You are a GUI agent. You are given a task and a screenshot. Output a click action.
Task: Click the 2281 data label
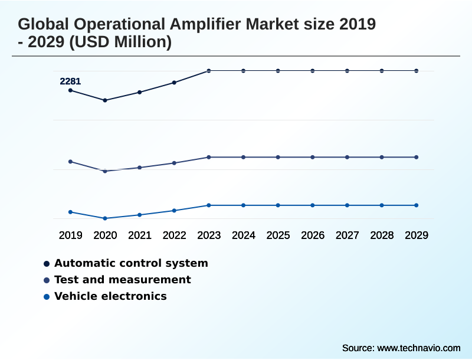(x=70, y=81)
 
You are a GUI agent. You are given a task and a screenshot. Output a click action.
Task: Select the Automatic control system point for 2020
(x=105, y=100)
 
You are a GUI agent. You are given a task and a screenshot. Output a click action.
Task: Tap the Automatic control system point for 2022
(x=174, y=83)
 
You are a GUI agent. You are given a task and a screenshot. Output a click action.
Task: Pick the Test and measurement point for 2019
(x=71, y=162)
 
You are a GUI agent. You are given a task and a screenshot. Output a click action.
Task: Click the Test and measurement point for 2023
(x=209, y=157)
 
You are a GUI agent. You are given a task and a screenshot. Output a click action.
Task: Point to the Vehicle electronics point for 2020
(x=105, y=218)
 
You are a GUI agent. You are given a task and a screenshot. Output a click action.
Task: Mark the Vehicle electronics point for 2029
(x=416, y=205)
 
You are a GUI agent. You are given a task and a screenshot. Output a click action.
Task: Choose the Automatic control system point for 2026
(x=313, y=71)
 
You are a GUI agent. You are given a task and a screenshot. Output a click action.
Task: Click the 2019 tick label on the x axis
(x=71, y=235)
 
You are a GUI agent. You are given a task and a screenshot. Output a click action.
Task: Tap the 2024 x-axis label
(x=244, y=235)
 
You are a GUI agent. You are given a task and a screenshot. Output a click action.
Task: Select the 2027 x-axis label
(x=347, y=235)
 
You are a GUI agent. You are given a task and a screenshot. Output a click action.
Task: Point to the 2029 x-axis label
(x=416, y=235)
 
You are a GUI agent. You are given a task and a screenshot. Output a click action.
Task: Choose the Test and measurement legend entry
(x=122, y=280)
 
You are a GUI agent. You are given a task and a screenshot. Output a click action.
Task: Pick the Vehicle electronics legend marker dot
(x=46, y=297)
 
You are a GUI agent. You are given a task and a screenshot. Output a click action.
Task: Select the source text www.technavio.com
(x=418, y=348)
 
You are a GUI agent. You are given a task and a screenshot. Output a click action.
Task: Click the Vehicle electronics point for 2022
(x=174, y=211)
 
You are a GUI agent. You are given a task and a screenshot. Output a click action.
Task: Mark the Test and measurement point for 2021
(x=140, y=168)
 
